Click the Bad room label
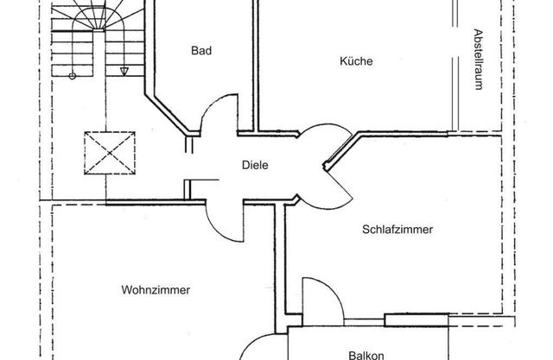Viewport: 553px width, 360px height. pyautogui.click(x=201, y=51)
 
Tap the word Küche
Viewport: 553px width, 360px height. pyautogui.click(x=356, y=60)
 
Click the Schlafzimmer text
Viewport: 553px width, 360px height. pyautogui.click(x=397, y=230)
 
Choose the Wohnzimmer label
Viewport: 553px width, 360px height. pyautogui.click(x=156, y=290)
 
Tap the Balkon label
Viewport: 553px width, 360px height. pyautogui.click(x=365, y=355)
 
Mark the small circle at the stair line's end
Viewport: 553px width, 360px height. pyautogui.click(x=72, y=76)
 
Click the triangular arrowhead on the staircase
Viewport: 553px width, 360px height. pyautogui.click(x=125, y=71)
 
